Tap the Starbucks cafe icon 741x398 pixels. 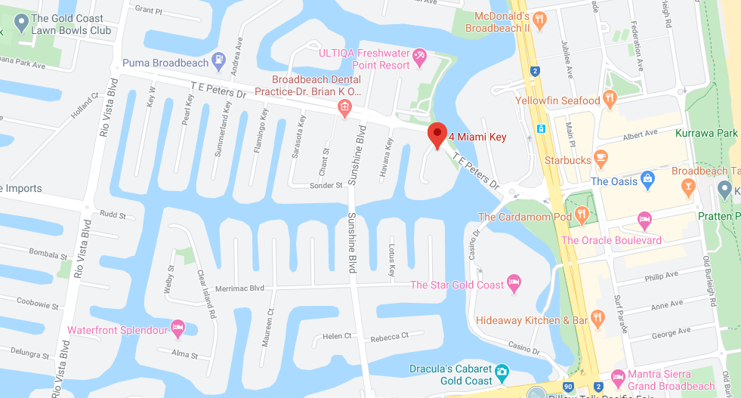coord(601,159)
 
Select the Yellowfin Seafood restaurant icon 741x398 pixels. coord(611,100)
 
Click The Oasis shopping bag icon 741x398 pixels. coord(647,180)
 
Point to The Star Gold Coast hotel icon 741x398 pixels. coord(514,284)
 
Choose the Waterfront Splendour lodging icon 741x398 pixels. coord(178,329)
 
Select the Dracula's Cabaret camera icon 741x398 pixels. coord(502,372)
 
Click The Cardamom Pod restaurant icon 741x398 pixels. coord(582,216)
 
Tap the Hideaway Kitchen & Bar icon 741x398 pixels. coord(599,319)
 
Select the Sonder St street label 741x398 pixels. coord(326,186)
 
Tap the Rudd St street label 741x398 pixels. coord(113,214)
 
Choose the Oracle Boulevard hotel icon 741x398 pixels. coord(645,221)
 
